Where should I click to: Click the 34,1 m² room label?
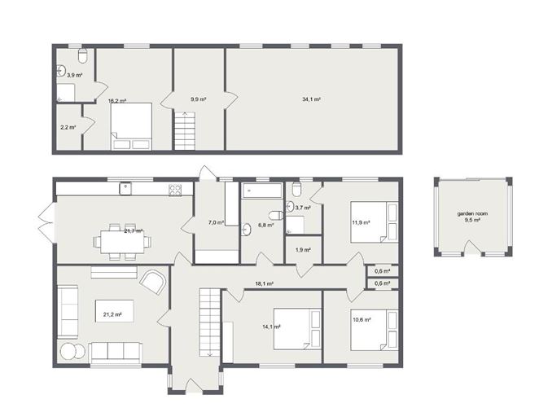click(311, 99)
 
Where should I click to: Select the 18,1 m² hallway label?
click(264, 284)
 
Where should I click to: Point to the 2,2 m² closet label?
click(68, 127)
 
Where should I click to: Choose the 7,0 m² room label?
click(216, 222)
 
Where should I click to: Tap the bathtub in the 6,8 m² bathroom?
click(261, 191)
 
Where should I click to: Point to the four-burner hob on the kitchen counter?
click(175, 190)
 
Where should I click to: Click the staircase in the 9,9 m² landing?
click(186, 130)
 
